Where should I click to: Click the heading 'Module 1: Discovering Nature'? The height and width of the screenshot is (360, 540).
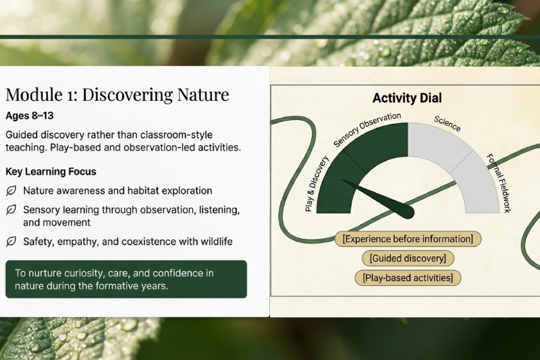(x=118, y=95)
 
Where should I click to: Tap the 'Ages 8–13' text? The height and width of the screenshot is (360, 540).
(x=29, y=115)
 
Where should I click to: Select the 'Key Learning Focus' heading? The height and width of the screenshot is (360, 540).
(x=51, y=172)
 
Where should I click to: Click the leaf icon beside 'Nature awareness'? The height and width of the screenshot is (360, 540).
(x=11, y=191)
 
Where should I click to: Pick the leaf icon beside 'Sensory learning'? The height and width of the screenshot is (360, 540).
(x=11, y=210)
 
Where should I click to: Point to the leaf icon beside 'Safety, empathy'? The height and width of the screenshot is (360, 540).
(x=11, y=241)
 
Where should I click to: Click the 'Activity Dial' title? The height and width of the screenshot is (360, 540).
(x=407, y=98)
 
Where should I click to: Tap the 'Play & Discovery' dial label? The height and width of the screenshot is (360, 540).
(x=317, y=183)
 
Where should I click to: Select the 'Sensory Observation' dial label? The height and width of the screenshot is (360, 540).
(x=367, y=129)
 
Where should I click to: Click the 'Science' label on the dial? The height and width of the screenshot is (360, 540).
(x=447, y=124)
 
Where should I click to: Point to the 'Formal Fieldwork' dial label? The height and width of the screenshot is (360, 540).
(x=499, y=183)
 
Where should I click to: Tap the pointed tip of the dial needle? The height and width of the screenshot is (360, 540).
(x=342, y=180)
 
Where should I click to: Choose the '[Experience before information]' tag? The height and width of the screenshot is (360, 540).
(x=408, y=239)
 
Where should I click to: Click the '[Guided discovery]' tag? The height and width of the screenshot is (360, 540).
(x=408, y=259)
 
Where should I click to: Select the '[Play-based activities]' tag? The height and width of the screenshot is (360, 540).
(x=408, y=278)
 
